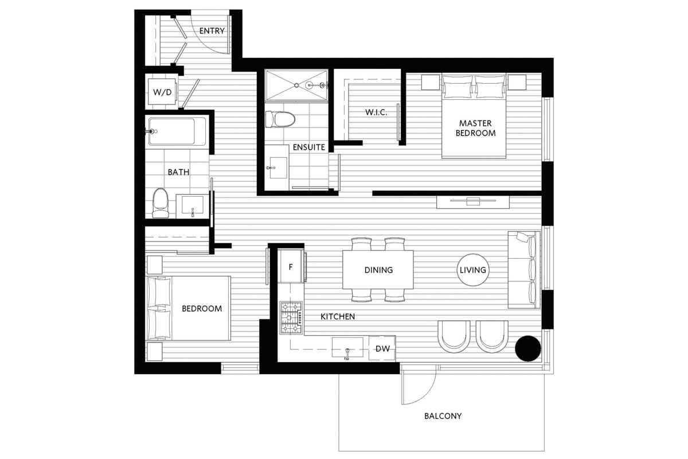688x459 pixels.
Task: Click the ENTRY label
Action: tap(212, 31)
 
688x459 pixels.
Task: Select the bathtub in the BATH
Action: tap(177, 131)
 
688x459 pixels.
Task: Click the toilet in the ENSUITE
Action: tap(280, 119)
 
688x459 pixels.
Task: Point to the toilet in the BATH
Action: tap(161, 204)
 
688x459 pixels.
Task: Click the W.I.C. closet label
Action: tap(377, 112)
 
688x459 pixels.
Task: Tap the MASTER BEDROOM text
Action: tap(475, 128)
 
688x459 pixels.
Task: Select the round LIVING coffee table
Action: tap(474, 270)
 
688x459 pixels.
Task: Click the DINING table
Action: tap(378, 270)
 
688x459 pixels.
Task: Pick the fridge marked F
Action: tap(291, 267)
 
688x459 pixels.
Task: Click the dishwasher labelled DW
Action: tap(382, 349)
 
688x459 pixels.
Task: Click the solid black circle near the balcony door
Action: tap(527, 348)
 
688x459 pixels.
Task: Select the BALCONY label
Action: tap(443, 416)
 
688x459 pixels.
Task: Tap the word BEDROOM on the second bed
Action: tap(201, 309)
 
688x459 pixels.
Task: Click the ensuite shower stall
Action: tap(296, 85)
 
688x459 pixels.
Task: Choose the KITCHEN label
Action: tap(337, 316)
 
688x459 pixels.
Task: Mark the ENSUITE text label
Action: tap(308, 147)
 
